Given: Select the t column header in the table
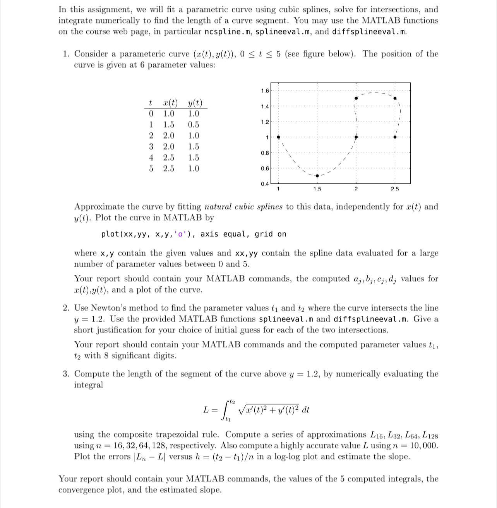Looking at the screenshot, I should click(x=150, y=103).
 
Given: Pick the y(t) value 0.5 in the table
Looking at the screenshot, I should click(x=194, y=125).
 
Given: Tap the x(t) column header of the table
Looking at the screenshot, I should click(x=170, y=103).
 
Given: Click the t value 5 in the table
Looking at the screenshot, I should click(x=151, y=169).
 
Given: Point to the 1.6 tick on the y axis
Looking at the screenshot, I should click(x=265, y=91).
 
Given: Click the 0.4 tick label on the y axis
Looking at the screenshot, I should click(x=265, y=184).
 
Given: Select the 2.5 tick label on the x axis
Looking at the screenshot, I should click(x=394, y=189).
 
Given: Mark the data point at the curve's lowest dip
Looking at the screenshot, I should click(x=317, y=176).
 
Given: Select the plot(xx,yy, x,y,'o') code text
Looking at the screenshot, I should click(x=149, y=234).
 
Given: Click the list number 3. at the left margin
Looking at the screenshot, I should click(x=67, y=374).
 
